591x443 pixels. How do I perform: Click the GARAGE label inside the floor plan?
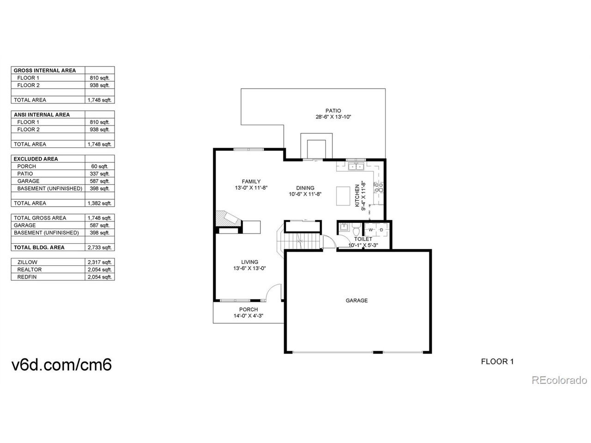tap(356, 300)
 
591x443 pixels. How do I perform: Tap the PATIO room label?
tap(333, 111)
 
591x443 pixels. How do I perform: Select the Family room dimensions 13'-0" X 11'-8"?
tap(251, 188)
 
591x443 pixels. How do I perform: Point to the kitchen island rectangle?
tap(343, 196)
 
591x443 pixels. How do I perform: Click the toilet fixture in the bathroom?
tap(356, 230)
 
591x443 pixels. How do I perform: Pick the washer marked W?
tap(371, 230)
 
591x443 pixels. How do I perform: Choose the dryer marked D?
tap(381, 230)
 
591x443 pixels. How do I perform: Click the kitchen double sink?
tap(356, 167)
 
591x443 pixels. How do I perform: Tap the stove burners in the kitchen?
tap(379, 187)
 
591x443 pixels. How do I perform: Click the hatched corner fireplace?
tap(226, 218)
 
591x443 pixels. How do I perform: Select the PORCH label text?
tap(248, 309)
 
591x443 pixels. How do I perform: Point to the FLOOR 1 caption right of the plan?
tap(497, 361)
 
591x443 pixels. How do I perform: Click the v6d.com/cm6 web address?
tap(61, 365)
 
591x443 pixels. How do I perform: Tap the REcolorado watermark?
tap(559, 380)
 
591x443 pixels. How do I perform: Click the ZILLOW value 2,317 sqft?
tap(100, 262)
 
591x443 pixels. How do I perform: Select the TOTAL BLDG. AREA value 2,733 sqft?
tap(100, 247)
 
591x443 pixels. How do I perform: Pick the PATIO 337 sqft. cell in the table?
tap(100, 174)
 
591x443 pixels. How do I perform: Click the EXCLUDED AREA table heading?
tap(36, 159)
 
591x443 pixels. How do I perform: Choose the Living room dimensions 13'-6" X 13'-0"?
tap(250, 268)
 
